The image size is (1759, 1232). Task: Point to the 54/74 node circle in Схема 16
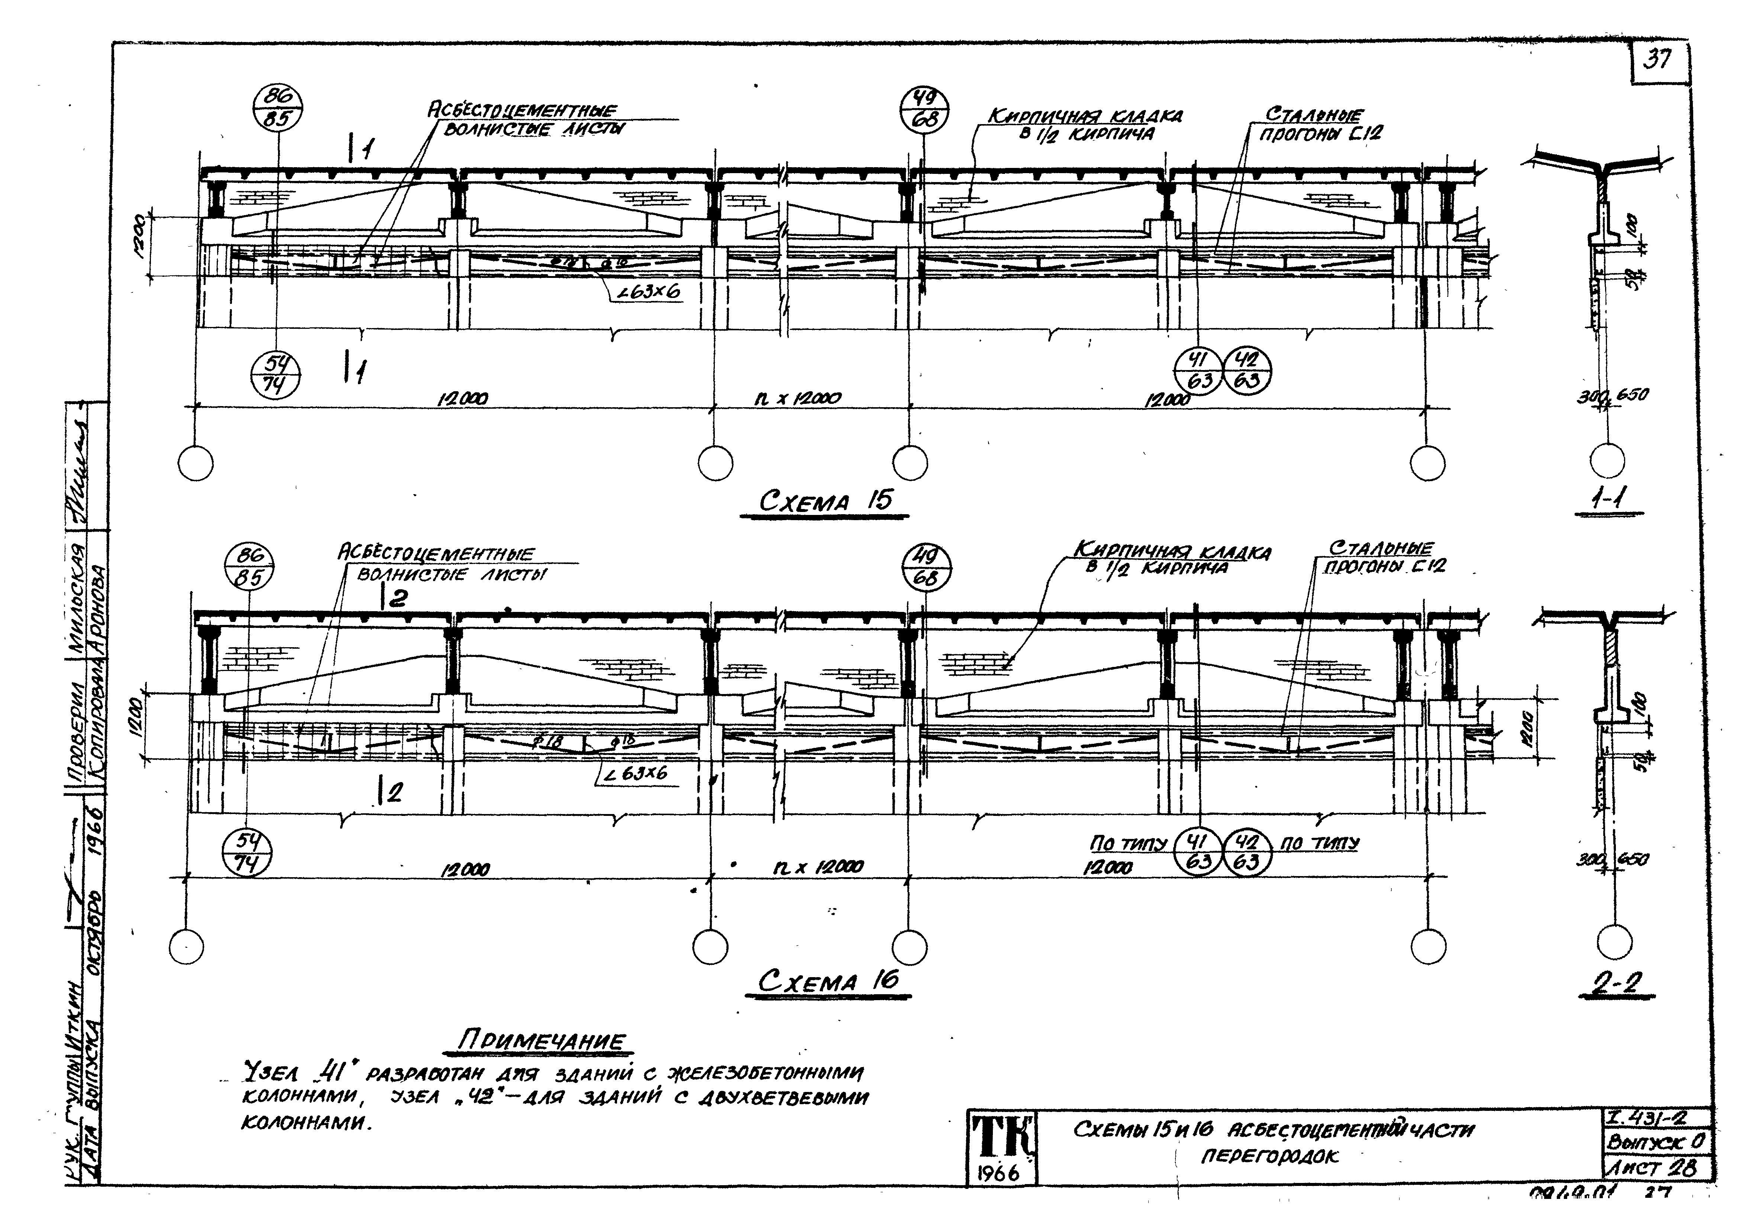(247, 853)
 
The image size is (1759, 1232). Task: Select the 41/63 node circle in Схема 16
(1199, 852)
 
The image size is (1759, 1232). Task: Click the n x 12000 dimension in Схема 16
(818, 867)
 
